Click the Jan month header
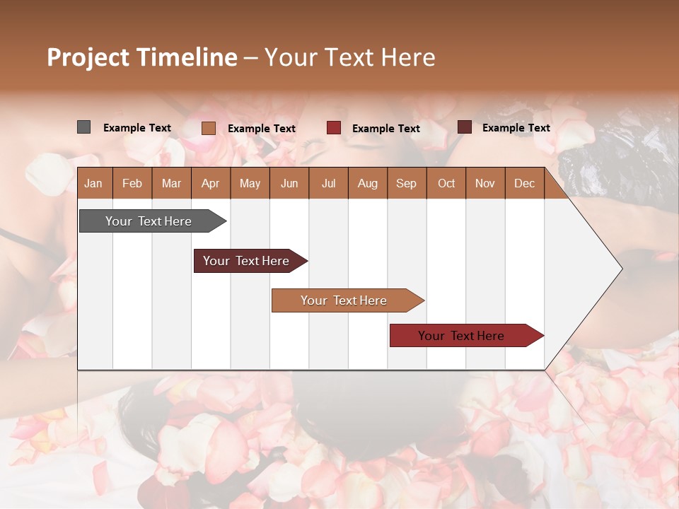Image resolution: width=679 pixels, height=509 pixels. (93, 183)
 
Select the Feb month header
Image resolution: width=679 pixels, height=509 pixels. (132, 183)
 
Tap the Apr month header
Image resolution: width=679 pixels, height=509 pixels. (210, 183)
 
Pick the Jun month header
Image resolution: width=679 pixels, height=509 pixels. (289, 183)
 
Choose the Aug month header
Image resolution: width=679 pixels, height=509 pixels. (367, 183)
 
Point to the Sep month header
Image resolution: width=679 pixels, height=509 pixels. (406, 183)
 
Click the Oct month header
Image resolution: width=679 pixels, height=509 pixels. (446, 183)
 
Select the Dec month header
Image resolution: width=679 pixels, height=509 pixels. (524, 183)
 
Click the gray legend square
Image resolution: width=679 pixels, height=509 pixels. (83, 127)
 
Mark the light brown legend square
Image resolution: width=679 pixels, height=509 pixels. (208, 128)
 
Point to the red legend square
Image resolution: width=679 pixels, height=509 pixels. (333, 128)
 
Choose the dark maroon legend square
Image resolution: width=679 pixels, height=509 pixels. (464, 127)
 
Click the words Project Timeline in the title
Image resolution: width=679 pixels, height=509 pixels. (141, 57)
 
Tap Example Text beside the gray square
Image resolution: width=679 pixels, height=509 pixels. (137, 128)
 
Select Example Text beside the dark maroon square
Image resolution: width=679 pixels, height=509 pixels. (516, 128)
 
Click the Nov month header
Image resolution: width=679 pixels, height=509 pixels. (484, 183)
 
